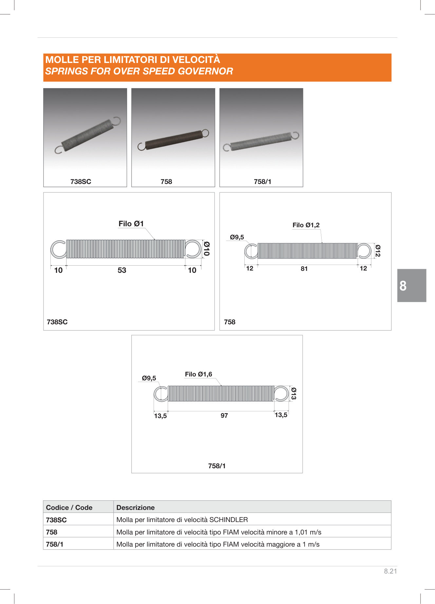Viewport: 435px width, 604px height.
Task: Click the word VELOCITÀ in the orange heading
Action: [196, 59]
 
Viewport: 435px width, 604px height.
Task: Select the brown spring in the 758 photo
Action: [173, 140]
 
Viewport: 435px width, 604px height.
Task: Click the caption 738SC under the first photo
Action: [81, 182]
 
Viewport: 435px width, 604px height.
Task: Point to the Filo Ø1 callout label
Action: [131, 224]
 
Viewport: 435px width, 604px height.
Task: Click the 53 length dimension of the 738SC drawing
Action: [122, 270]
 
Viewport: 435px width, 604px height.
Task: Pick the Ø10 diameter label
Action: [207, 249]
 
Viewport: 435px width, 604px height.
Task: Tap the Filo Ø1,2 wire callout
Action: [306, 225]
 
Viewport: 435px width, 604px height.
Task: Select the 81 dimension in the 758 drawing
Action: [304, 269]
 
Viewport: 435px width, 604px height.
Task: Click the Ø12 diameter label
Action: [378, 251]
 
